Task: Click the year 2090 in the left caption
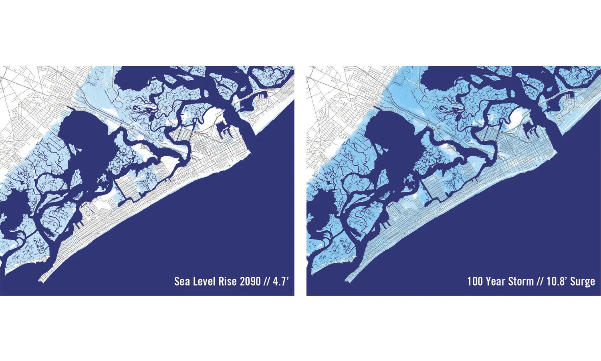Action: click(x=250, y=281)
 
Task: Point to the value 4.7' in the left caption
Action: click(x=280, y=281)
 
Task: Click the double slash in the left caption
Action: click(x=267, y=281)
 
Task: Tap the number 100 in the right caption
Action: click(x=475, y=281)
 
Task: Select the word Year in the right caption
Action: click(x=495, y=281)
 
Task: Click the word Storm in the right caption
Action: click(x=521, y=281)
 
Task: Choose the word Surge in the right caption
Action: click(x=583, y=281)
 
